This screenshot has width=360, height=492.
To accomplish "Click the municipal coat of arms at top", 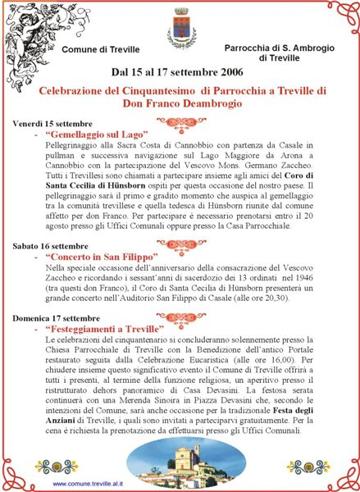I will (x=181, y=28).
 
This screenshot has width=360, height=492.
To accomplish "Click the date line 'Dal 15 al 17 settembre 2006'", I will (x=180, y=72).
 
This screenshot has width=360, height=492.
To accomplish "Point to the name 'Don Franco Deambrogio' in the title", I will (x=180, y=104).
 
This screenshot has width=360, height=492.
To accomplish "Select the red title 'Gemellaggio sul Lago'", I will (x=98, y=133).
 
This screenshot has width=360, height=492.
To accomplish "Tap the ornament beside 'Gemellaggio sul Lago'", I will (x=181, y=125).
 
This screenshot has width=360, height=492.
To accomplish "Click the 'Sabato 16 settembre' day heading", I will (x=49, y=245).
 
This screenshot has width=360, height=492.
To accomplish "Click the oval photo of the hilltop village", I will (x=180, y=460).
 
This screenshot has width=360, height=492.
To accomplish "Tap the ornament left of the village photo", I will (x=56, y=466).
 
